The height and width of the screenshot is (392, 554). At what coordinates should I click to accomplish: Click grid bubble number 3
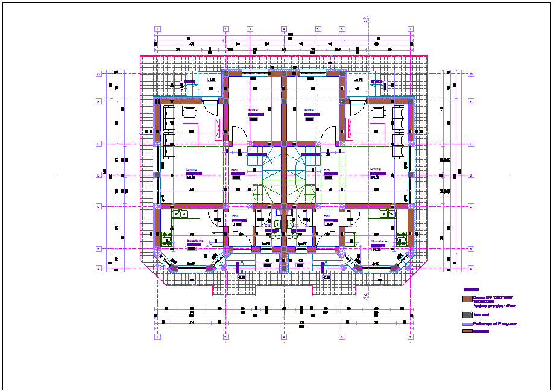coord(249,29)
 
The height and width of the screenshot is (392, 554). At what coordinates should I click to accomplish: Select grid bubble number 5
coord(317,29)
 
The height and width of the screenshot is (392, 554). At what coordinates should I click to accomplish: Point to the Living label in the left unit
coord(191,169)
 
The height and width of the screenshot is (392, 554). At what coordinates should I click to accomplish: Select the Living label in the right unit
coord(375,169)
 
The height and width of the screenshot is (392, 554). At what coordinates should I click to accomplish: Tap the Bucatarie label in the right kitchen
coord(379,241)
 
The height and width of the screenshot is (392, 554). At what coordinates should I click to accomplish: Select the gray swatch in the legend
coord(466,315)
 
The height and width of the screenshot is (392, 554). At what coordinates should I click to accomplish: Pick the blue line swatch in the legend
coord(466,324)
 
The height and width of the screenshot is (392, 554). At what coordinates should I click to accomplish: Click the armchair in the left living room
coord(190,112)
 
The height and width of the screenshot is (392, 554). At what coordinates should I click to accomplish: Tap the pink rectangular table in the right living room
coord(378,134)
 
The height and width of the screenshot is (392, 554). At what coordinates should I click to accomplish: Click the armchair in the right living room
coord(379,112)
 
